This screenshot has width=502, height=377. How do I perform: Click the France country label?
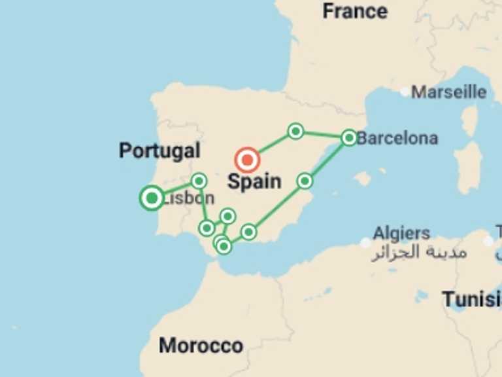355,11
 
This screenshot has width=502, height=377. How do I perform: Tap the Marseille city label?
448,92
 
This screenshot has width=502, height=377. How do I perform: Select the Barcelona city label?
397,138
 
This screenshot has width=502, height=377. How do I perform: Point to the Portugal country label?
159,151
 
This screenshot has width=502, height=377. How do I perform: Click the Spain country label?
254,181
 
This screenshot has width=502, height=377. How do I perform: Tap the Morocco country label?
201,345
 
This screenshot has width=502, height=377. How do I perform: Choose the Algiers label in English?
401,233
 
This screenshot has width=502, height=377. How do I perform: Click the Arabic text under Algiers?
419,252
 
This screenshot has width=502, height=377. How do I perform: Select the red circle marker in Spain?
247,160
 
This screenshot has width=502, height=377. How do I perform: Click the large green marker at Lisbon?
152,198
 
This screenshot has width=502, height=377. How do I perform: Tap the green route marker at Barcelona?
349,137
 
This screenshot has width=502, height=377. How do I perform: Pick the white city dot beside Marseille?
405,92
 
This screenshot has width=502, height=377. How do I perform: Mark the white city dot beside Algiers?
365,243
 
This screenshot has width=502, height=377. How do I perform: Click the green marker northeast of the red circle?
295,132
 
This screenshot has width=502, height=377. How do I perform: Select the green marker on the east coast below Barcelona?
305,181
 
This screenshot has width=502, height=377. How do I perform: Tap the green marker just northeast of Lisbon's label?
199,181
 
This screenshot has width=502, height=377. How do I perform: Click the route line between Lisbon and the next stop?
175,189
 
